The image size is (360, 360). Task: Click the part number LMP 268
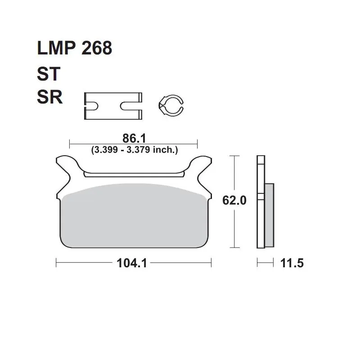74,48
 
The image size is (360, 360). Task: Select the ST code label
49,74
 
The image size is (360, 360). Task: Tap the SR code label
49,97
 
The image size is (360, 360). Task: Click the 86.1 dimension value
134,139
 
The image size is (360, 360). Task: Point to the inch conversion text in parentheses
135,150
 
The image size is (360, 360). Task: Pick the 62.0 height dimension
234,200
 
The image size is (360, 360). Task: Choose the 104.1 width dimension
132,263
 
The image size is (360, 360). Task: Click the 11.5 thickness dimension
292,263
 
